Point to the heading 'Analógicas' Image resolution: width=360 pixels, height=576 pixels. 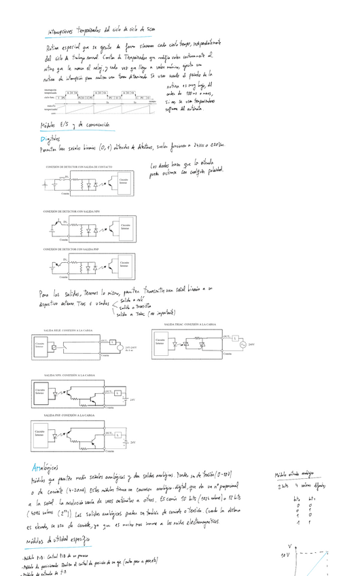(45, 468)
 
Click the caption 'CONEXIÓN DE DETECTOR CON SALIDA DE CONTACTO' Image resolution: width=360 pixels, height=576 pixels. (79, 166)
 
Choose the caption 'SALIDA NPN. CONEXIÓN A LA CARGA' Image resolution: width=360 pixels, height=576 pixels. (69, 375)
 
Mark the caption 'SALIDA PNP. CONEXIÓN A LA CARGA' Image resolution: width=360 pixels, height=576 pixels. (69, 414)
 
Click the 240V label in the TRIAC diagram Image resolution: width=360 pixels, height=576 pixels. (251, 344)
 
